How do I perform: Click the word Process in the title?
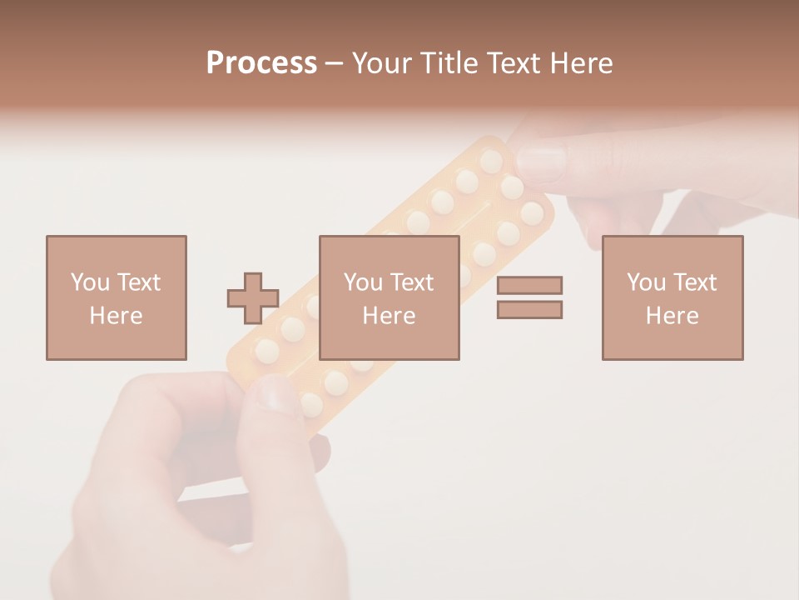(261, 63)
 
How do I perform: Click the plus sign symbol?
(253, 298)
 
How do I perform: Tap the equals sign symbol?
(529, 297)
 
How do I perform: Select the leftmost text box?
(117, 297)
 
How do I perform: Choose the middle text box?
(390, 297)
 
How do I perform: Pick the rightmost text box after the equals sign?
(672, 297)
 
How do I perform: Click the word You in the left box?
(90, 282)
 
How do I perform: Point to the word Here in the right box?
(672, 316)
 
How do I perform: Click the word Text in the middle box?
(412, 282)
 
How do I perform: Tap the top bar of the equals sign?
(529, 285)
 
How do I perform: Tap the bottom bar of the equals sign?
(529, 310)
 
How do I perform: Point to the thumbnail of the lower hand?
(275, 392)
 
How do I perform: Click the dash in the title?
(334, 63)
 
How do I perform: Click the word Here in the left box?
(117, 316)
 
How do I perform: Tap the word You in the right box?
(646, 282)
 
